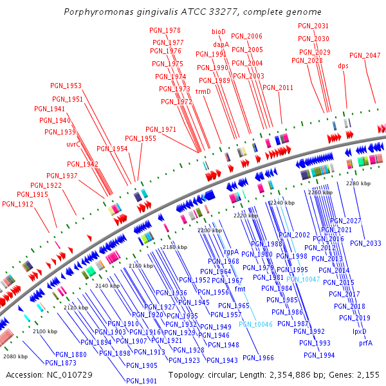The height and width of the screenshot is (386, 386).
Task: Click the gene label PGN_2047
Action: click(365, 55)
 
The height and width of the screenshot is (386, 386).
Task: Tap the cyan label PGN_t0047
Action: click(302, 279)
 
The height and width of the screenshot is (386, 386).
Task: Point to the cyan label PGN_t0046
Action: click(255, 324)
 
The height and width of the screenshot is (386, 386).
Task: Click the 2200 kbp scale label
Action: click(209, 230)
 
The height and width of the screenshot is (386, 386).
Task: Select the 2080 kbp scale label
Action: click(15, 356)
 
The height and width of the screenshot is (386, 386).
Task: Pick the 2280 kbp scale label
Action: click(358, 183)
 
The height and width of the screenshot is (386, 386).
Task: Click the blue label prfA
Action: click(365, 343)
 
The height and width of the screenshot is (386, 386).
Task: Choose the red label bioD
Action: click(219, 31)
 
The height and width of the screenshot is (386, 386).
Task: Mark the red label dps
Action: click(343, 65)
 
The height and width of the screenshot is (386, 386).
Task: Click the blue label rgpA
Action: click(230, 252)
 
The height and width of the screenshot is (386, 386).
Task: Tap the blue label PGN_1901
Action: click(142, 381)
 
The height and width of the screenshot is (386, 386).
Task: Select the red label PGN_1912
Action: click(17, 204)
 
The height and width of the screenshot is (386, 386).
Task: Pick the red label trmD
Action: click(203, 91)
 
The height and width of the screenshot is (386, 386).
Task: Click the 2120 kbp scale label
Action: click(76, 308)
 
